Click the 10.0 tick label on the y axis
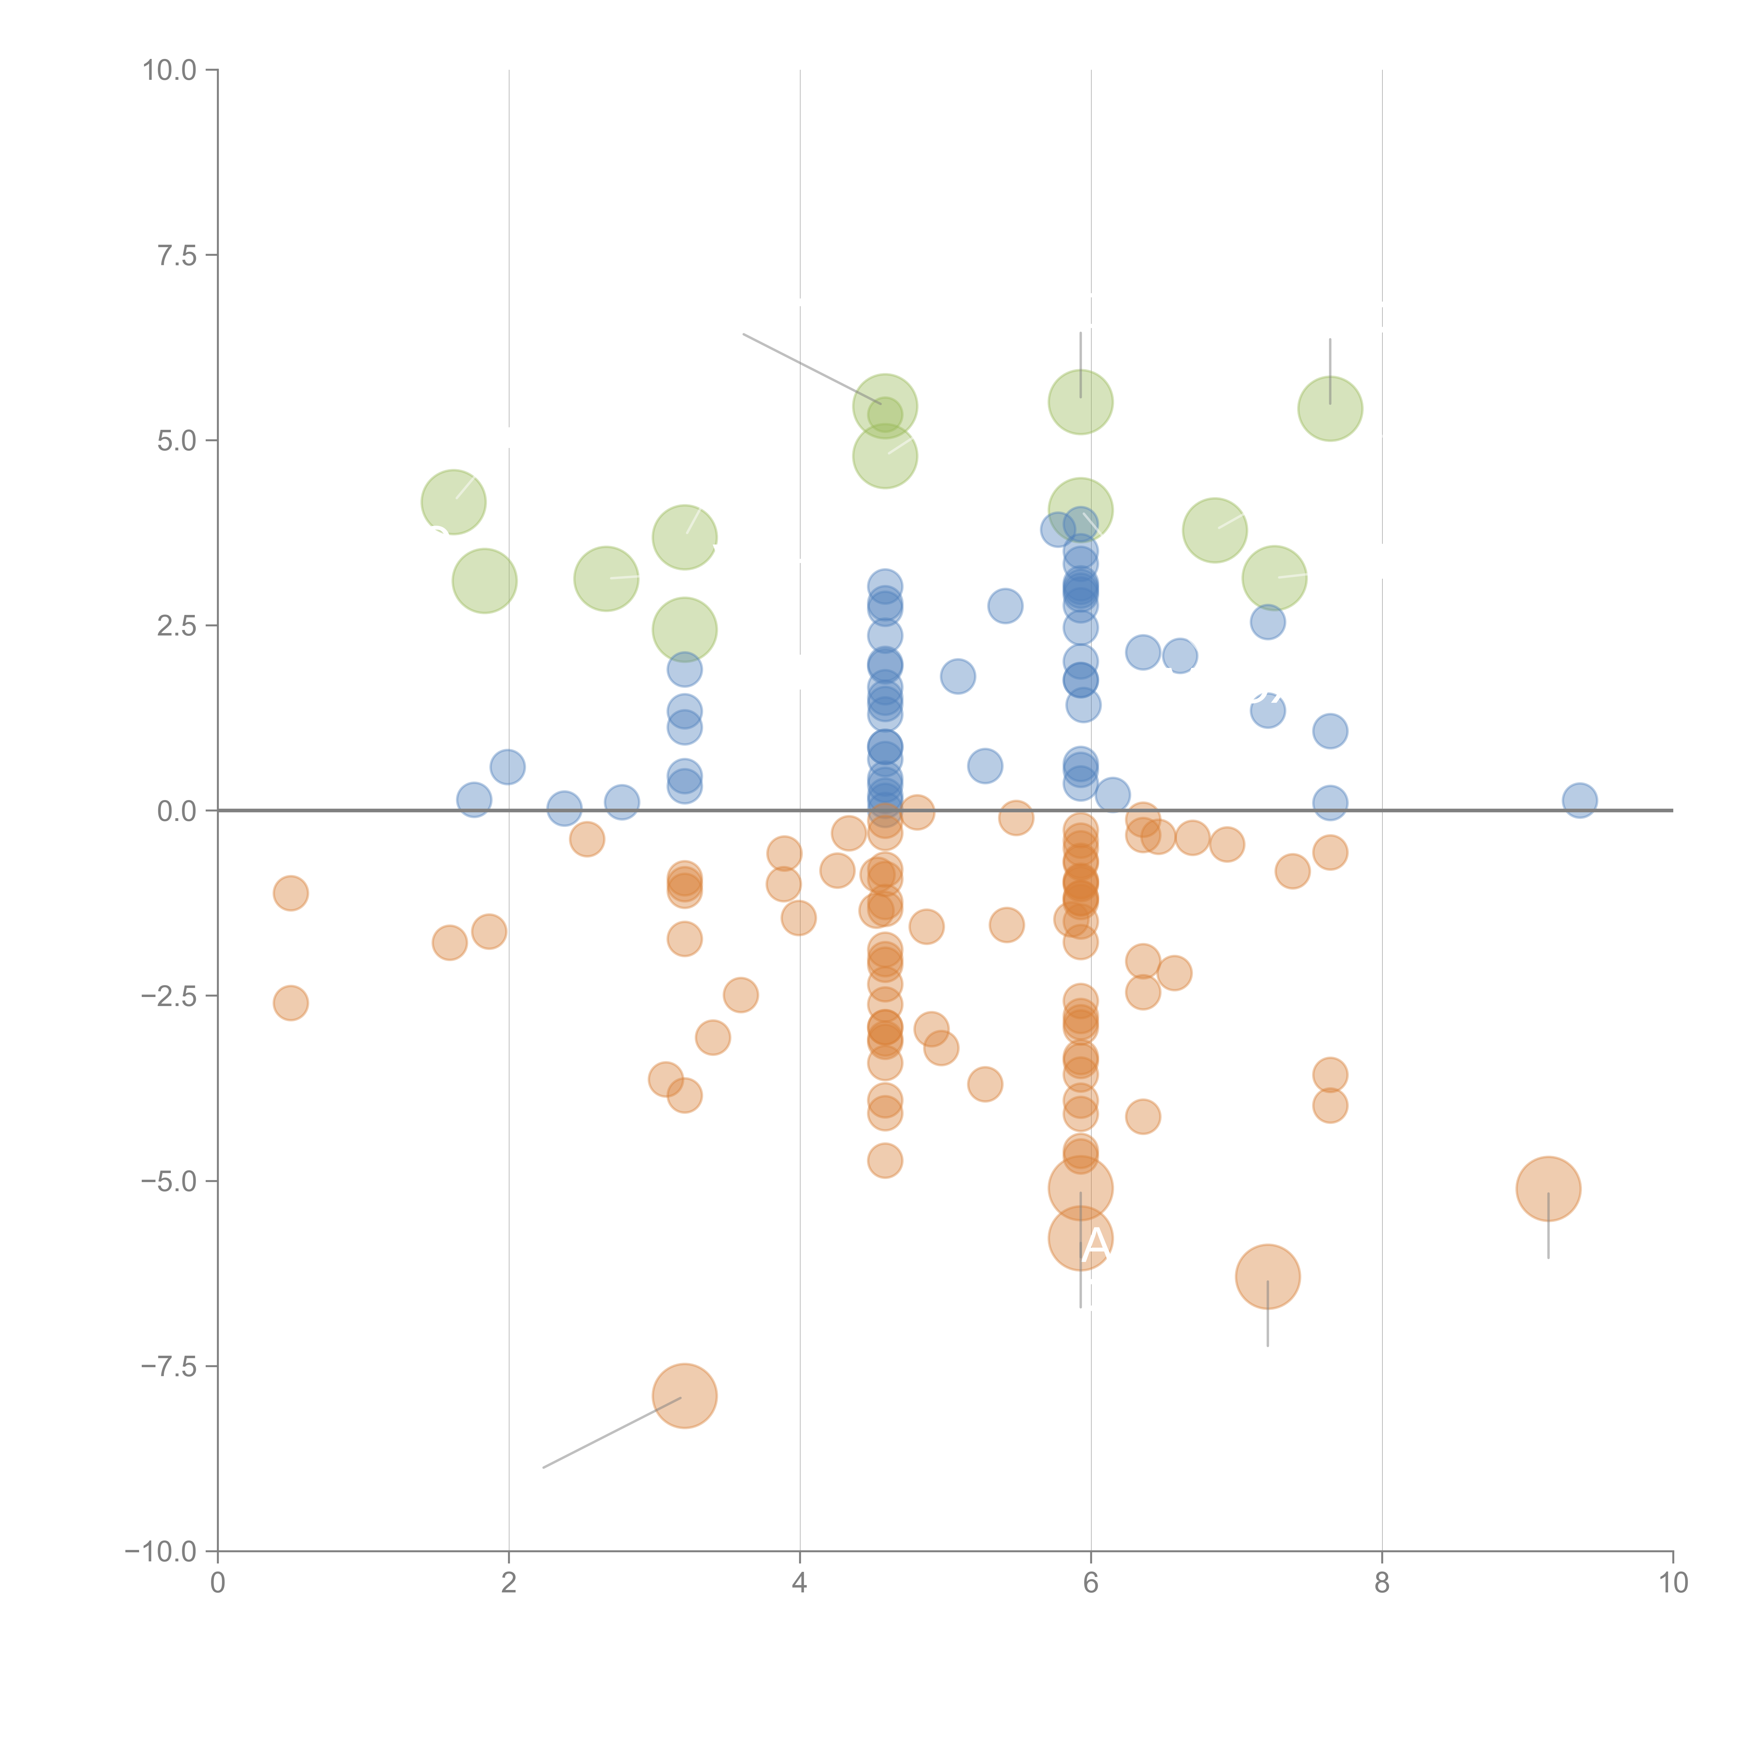(x=169, y=70)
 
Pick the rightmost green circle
(x=1330, y=409)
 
